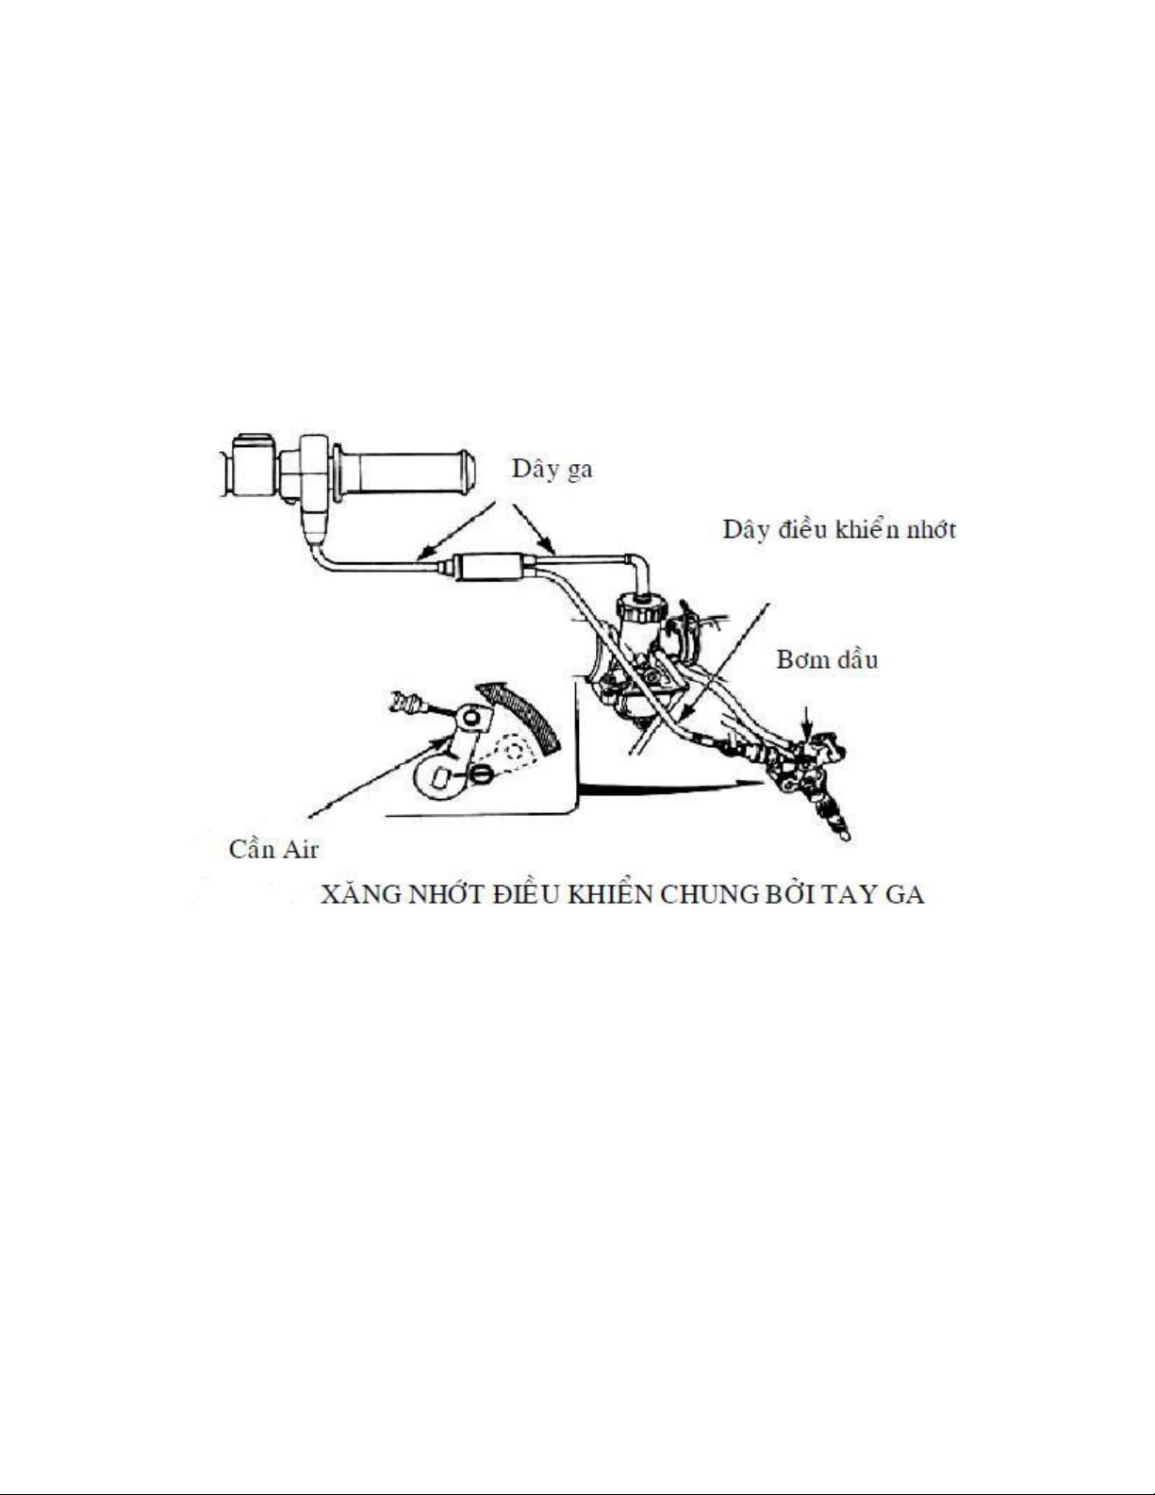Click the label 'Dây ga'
tap(553, 470)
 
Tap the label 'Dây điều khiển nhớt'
tap(839, 530)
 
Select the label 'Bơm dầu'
tap(827, 660)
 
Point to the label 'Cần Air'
tap(273, 849)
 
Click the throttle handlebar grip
tap(404, 473)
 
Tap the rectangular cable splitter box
tap(492, 567)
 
